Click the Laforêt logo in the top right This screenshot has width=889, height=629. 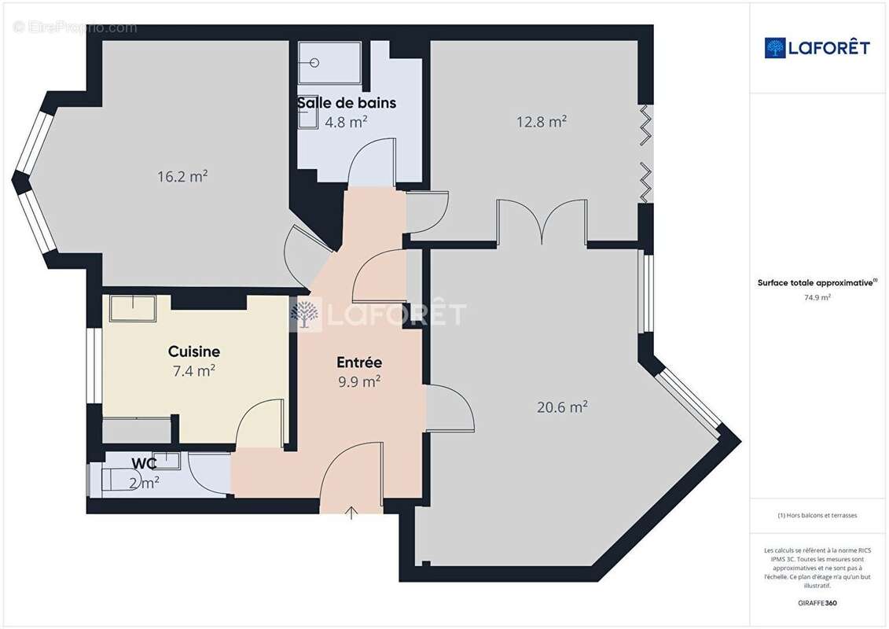[x=817, y=48]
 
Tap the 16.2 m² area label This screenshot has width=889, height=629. [x=182, y=176]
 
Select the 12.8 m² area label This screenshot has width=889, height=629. [x=542, y=122]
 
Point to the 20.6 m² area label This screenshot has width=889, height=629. [x=563, y=407]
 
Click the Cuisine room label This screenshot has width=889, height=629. [x=194, y=351]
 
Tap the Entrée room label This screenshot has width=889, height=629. [x=359, y=362]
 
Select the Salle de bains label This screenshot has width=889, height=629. [x=347, y=103]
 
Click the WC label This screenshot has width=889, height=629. [x=144, y=463]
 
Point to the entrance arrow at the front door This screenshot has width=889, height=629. [x=351, y=513]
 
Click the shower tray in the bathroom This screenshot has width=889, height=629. [x=329, y=62]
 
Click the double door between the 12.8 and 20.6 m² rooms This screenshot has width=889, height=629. [x=542, y=223]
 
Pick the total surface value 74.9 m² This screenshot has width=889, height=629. [x=817, y=297]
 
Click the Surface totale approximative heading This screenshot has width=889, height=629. [x=817, y=282]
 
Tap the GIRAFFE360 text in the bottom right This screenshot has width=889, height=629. [x=817, y=602]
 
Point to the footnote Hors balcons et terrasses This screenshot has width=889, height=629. [x=817, y=515]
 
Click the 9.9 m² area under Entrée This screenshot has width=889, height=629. [x=359, y=381]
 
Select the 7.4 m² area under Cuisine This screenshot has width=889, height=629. [x=194, y=370]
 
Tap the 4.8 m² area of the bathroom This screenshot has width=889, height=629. [x=347, y=122]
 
